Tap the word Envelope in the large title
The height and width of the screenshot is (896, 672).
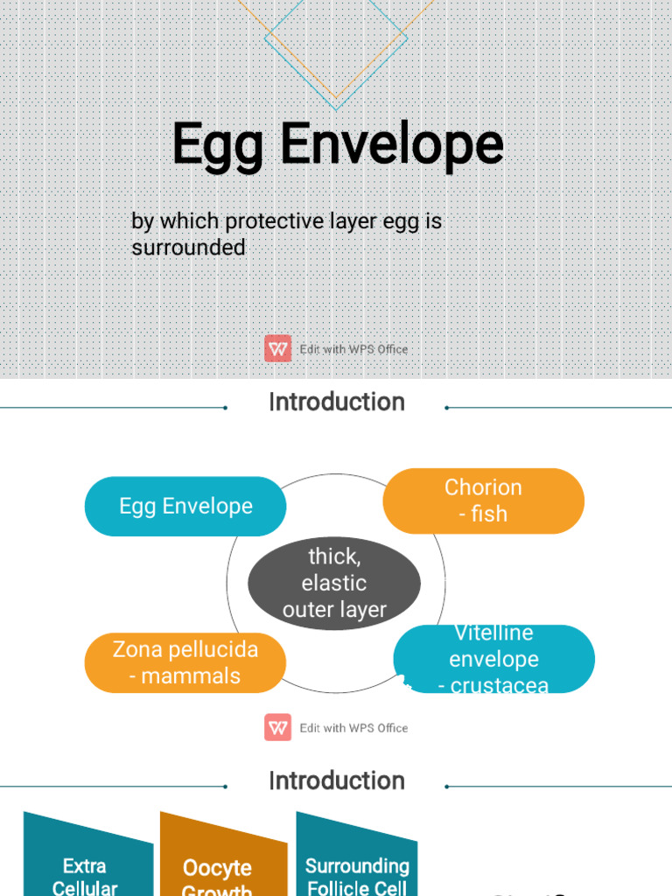click(x=392, y=144)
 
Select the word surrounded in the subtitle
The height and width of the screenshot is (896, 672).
click(x=188, y=248)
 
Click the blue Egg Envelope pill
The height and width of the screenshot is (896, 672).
click(x=185, y=506)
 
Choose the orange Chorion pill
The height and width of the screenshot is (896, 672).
click(x=483, y=500)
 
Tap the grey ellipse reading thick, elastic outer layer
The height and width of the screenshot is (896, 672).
click(x=334, y=583)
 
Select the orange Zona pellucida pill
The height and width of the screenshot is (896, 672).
click(x=185, y=662)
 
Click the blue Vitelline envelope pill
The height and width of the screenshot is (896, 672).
click(x=493, y=659)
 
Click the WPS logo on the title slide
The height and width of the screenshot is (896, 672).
click(x=278, y=349)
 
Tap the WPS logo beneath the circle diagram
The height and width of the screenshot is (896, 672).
click(x=278, y=727)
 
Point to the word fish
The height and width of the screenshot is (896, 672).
click(x=489, y=514)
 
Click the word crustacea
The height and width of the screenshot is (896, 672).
click(x=500, y=686)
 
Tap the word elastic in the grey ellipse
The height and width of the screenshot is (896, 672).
click(x=334, y=583)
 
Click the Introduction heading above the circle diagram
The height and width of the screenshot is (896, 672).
click(x=336, y=402)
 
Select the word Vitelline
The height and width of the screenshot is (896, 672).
click(x=493, y=633)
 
